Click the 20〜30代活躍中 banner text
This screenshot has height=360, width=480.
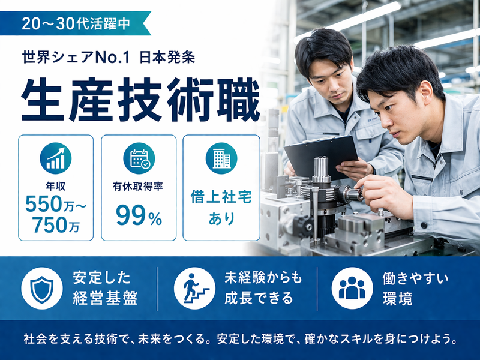click(76, 24)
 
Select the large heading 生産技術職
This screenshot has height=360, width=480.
click(140, 99)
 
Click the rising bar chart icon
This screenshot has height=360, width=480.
click(56, 158)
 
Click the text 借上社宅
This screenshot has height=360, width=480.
click(221, 196)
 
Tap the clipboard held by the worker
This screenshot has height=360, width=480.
click(321, 155)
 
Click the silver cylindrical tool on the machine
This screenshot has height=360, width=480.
click(322, 170)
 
